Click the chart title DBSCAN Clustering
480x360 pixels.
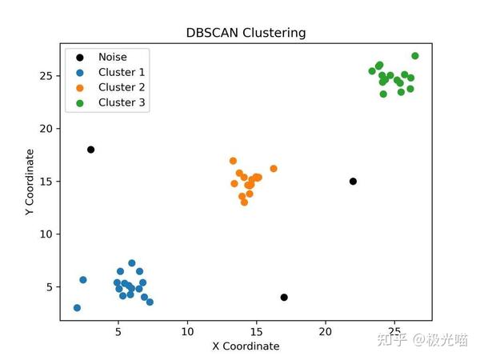tap(246, 33)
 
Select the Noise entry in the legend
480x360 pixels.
tap(113, 57)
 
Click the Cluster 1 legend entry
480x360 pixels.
tap(121, 72)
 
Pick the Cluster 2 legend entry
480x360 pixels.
tap(121, 87)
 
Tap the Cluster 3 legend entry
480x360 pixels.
tap(121, 102)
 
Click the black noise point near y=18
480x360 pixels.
tap(91, 150)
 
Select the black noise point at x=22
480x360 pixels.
tap(353, 182)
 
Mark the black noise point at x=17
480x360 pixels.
tap(284, 298)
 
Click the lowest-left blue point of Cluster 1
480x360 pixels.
tap(77, 308)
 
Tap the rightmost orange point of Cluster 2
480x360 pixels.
tap(274, 169)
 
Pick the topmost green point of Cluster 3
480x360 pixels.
tap(415, 56)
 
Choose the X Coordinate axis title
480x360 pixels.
tap(246, 346)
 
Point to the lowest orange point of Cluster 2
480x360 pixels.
tap(244, 202)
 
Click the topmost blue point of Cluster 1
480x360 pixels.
tap(132, 263)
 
